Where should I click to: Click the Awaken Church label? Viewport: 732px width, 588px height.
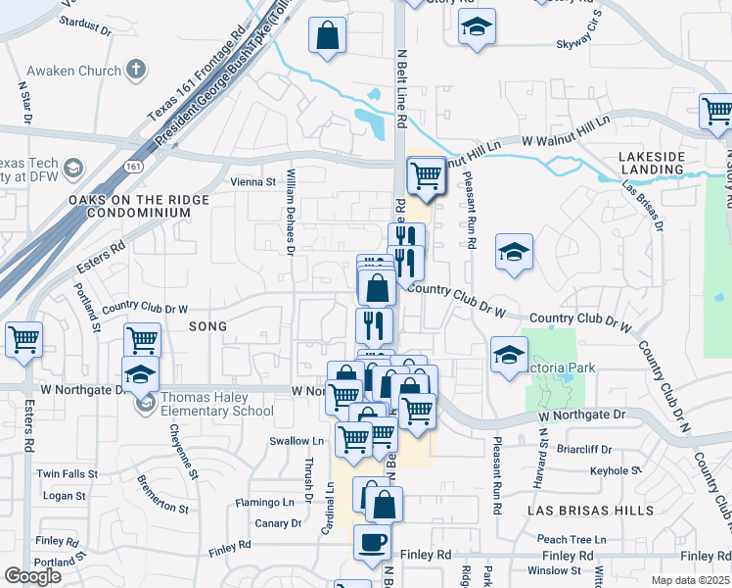[x=73, y=71]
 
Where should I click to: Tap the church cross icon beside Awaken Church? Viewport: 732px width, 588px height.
[x=135, y=70]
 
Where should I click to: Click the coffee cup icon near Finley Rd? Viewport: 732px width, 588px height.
[x=371, y=543]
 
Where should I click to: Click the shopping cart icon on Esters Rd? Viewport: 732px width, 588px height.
[x=24, y=340]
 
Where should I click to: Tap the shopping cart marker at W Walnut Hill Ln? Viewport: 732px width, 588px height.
[x=426, y=176]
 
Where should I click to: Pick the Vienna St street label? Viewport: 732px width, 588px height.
[x=252, y=181]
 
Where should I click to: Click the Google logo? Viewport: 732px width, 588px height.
[x=33, y=576]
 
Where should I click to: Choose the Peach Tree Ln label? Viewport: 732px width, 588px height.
[x=572, y=539]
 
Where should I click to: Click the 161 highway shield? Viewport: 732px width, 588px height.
[x=130, y=169]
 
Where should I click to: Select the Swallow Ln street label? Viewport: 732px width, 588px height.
[x=290, y=441]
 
